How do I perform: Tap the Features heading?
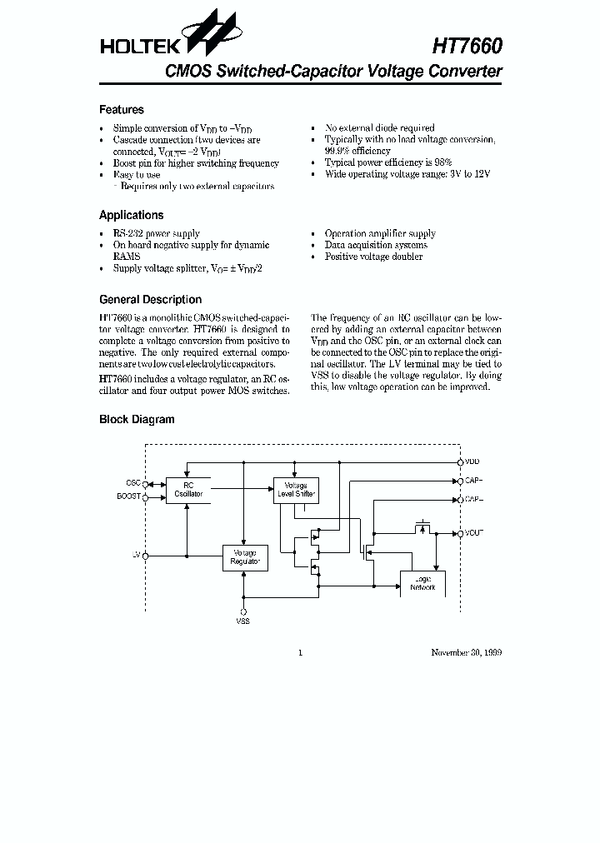122,110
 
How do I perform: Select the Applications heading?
132,215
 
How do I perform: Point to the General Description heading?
150,300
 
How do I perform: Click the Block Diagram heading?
137,420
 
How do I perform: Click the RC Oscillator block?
187,490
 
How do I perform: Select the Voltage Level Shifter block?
296,490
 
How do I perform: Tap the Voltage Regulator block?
244,557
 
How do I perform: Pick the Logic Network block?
422,583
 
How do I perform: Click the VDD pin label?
472,461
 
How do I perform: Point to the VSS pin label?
243,621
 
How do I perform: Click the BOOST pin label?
129,497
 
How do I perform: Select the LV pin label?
137,555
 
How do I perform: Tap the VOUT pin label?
474,532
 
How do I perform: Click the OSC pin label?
132,483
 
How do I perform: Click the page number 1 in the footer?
300,652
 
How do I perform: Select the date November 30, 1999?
466,652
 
